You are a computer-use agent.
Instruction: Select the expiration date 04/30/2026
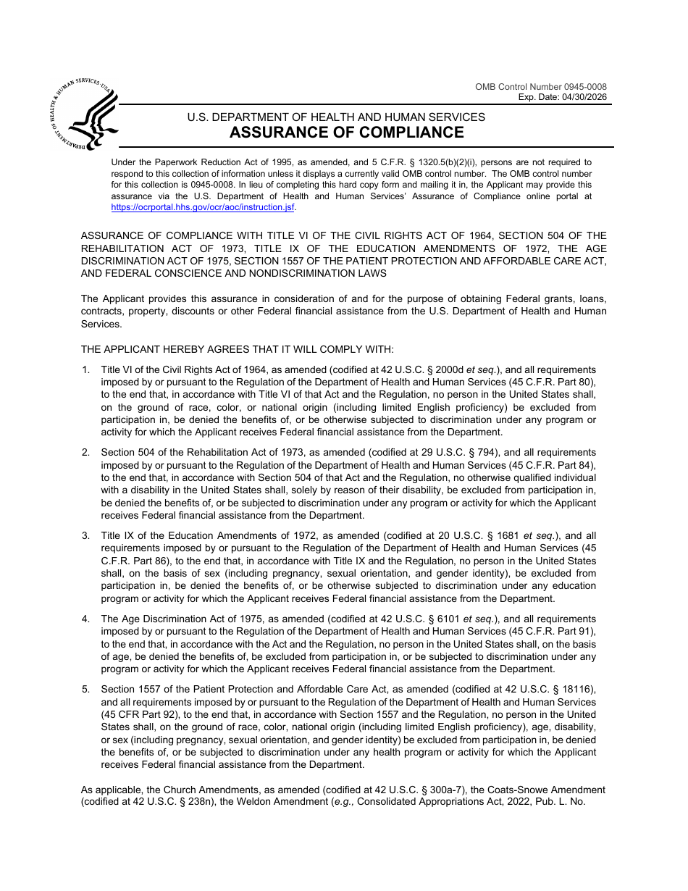click(x=584, y=98)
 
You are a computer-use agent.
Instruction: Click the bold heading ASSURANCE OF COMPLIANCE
click(x=347, y=133)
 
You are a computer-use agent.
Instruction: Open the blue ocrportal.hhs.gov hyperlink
click(x=203, y=207)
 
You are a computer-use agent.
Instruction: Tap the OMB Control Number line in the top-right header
click(x=541, y=87)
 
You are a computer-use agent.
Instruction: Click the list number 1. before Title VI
click(x=85, y=369)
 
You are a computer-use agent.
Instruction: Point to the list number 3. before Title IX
click(x=85, y=536)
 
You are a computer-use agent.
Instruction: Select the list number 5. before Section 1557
click(x=85, y=689)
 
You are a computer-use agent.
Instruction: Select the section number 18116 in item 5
click(x=575, y=689)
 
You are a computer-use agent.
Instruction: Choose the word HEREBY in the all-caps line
click(x=179, y=349)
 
